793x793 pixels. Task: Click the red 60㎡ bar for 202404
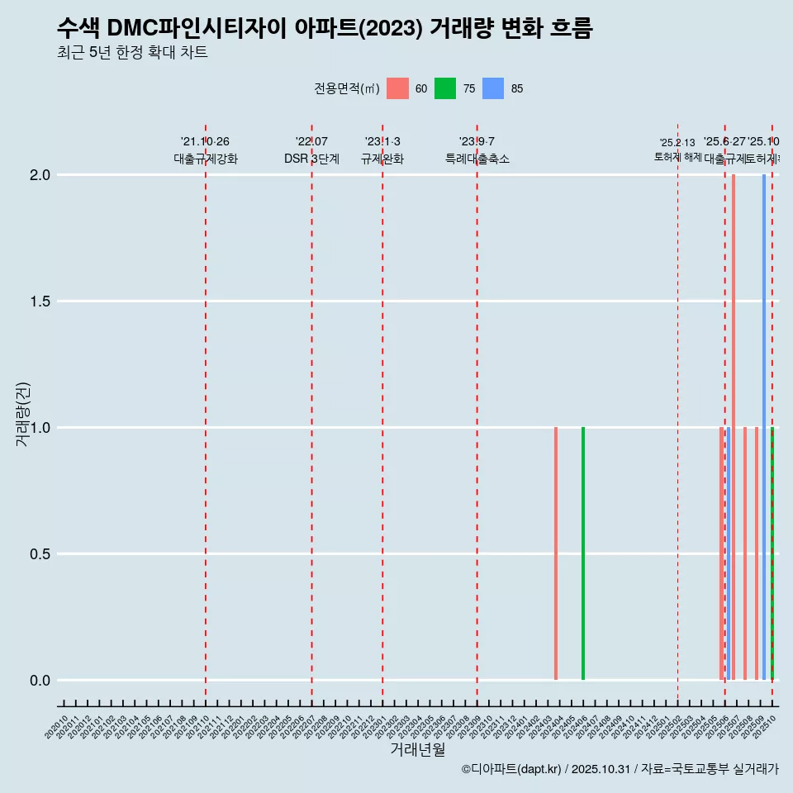pos(556,553)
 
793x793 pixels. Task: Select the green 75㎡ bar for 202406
pos(583,553)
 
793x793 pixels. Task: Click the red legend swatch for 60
pos(397,88)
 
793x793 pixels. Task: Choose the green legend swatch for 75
pos(445,88)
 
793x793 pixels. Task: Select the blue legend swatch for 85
pos(493,88)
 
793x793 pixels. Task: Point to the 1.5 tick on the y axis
pos(40,302)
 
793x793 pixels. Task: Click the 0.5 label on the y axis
pos(40,554)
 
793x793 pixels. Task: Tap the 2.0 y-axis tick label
pos(40,175)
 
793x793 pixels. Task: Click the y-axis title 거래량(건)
pos(22,414)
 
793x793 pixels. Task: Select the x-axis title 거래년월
pos(417,749)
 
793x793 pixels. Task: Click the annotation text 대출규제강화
pos(206,159)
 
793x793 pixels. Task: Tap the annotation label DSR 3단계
pos(311,159)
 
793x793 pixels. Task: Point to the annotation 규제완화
pos(382,159)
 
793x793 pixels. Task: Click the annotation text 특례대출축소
pos(477,159)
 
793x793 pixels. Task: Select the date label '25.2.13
pos(677,143)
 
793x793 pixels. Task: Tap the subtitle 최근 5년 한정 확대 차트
pos(132,53)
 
